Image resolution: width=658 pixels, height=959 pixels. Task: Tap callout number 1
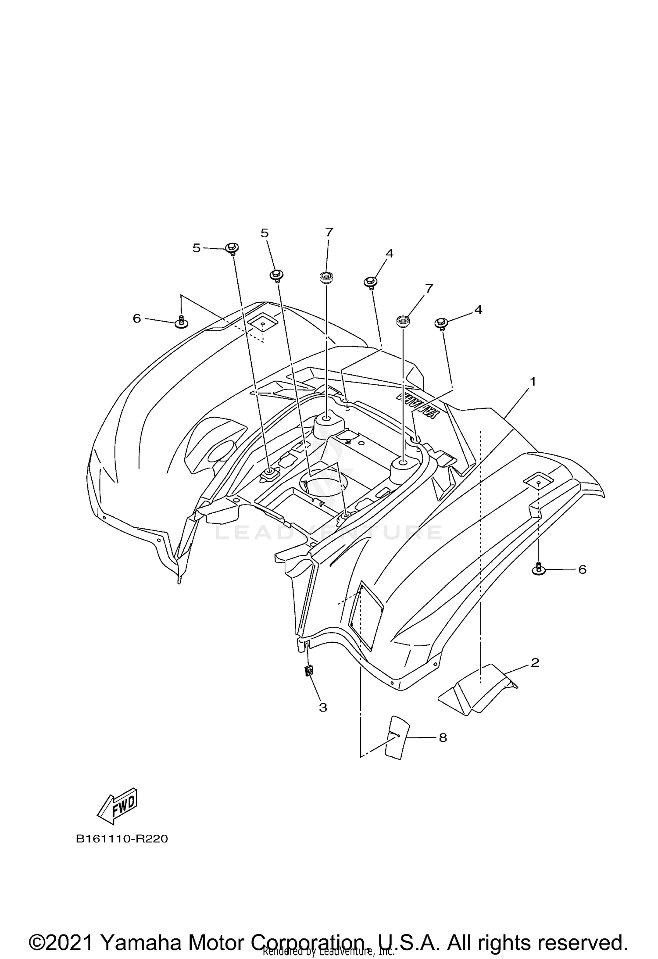(x=533, y=382)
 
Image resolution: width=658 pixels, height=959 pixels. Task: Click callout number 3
(x=323, y=707)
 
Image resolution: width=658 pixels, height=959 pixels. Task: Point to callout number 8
(x=443, y=737)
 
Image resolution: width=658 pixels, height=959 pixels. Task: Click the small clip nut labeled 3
(x=309, y=683)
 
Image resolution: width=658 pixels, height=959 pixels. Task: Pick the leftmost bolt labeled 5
(x=232, y=249)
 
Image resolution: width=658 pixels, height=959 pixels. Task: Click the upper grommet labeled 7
(x=326, y=277)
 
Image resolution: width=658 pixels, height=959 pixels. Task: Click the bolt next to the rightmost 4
(x=441, y=324)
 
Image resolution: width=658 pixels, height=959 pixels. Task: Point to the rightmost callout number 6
(x=582, y=569)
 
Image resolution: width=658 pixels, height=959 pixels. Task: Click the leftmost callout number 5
(x=197, y=248)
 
